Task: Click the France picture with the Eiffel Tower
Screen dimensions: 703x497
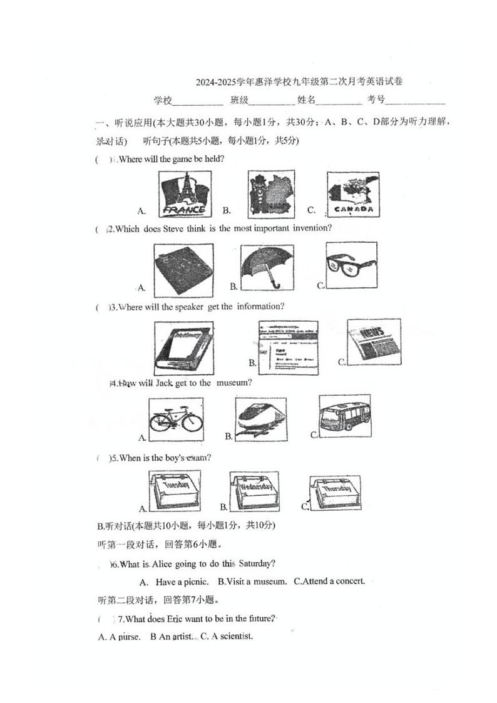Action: pos(183,194)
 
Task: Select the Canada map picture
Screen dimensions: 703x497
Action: pos(353,195)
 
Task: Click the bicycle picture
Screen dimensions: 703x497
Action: pos(176,418)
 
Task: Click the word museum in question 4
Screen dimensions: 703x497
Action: pos(233,382)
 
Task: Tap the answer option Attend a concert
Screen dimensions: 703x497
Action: pos(329,581)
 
